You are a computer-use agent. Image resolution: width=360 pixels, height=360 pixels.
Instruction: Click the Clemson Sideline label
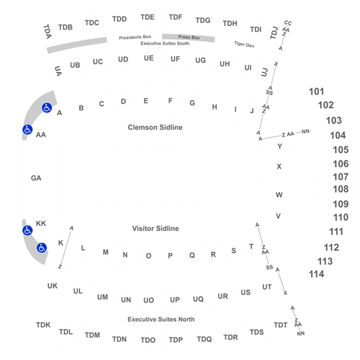pyautogui.click(x=155, y=128)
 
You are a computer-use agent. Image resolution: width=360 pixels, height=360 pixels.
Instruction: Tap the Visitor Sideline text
pyautogui.click(x=156, y=228)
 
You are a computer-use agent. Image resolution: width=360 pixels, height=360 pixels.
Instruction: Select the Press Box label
pyautogui.click(x=189, y=37)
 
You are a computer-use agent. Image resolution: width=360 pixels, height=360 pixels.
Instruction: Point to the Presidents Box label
pyautogui.click(x=135, y=37)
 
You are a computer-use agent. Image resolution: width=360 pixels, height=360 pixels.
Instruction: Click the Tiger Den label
pyautogui.click(x=244, y=45)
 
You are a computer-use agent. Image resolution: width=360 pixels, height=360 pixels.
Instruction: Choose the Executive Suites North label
pyautogui.click(x=161, y=320)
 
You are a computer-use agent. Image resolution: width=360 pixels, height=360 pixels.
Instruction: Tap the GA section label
pyautogui.click(x=36, y=178)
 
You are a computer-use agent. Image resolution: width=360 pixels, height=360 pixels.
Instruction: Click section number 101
pyautogui.click(x=316, y=92)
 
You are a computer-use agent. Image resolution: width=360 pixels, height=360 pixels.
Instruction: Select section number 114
pyautogui.click(x=316, y=274)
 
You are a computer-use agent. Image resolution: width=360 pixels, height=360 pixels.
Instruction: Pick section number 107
pyautogui.click(x=341, y=177)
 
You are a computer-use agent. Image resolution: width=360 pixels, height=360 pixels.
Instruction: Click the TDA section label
pyautogui.click(x=47, y=32)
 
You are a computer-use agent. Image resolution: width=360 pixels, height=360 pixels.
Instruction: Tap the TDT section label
pyautogui.click(x=280, y=325)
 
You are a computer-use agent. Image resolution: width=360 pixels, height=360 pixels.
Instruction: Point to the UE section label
pyautogui.click(x=149, y=58)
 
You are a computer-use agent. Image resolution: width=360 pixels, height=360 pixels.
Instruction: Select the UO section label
pyautogui.click(x=148, y=300)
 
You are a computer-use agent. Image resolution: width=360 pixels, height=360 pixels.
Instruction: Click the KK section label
pyautogui.click(x=41, y=224)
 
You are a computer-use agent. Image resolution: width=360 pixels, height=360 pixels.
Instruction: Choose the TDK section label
pyautogui.click(x=43, y=325)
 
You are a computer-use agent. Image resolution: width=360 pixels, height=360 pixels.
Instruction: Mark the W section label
pyautogui.click(x=279, y=195)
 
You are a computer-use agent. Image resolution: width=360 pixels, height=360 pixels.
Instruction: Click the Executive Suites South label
pyautogui.click(x=165, y=43)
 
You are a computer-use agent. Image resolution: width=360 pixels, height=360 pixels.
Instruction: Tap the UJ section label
pyautogui.click(x=265, y=72)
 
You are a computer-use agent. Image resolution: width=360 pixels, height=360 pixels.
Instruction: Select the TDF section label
pyautogui.click(x=176, y=17)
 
